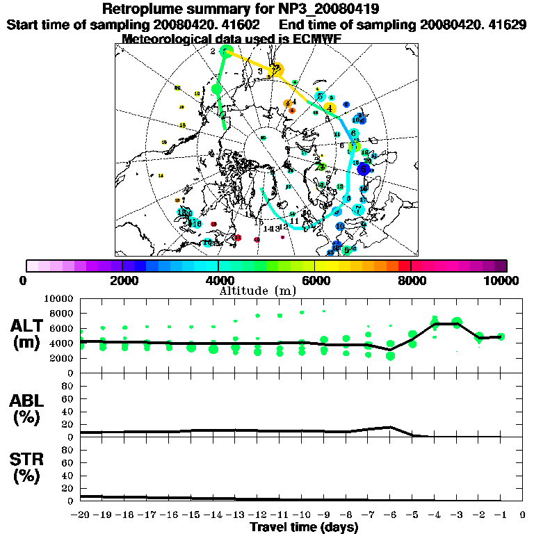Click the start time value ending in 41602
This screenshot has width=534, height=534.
tap(212, 24)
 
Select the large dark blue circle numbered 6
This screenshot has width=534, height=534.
tap(362, 168)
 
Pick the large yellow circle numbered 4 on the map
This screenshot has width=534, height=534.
tap(330, 108)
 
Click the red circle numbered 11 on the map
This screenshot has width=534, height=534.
tap(238, 238)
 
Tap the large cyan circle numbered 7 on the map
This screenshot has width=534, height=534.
tap(359, 209)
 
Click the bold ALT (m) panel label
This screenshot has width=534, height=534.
tap(28, 334)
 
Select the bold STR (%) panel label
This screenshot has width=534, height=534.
tap(28, 467)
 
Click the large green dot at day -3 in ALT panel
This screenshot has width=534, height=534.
tap(457, 323)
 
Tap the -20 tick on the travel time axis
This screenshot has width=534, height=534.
tap(81, 515)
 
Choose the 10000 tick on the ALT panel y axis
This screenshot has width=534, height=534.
tap(60, 298)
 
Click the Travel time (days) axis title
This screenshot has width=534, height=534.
tap(304, 527)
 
